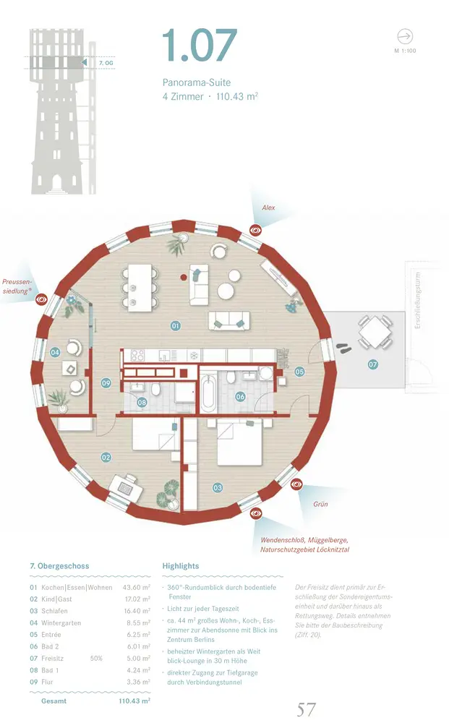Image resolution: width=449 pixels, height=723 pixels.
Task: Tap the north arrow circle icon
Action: tap(405, 36)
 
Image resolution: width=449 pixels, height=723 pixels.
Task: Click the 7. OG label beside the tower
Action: tap(106, 64)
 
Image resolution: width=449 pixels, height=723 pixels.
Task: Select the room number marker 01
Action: tap(175, 326)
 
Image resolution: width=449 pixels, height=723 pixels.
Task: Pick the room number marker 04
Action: tap(56, 352)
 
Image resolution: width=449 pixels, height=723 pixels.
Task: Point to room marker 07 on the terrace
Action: tap(373, 364)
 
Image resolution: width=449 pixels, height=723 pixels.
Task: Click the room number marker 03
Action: tap(218, 488)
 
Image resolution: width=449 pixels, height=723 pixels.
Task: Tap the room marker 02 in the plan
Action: tap(106, 457)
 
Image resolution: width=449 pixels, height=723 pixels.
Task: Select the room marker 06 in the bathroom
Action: tap(241, 396)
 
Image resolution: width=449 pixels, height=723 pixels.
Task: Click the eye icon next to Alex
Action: tap(255, 230)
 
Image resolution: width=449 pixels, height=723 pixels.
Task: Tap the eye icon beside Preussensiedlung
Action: tap(42, 297)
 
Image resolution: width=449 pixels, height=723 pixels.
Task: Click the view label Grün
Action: tap(320, 504)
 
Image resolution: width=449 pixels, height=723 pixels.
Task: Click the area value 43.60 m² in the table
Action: tap(136, 588)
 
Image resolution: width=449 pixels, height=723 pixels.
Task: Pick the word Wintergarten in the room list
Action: tap(61, 623)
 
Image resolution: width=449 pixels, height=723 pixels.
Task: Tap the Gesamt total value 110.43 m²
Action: tap(134, 701)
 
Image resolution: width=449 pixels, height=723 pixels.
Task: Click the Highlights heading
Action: tap(181, 566)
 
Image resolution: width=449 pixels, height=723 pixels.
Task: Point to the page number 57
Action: tap(307, 709)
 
